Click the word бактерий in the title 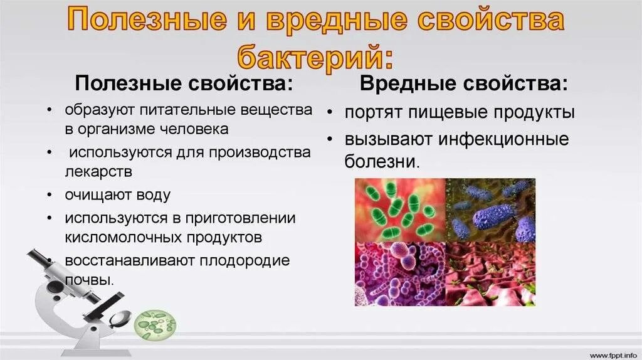coord(315,57)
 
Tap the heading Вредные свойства coord(465,83)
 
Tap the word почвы coord(88,279)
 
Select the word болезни coord(381,161)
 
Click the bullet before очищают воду coord(49,195)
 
